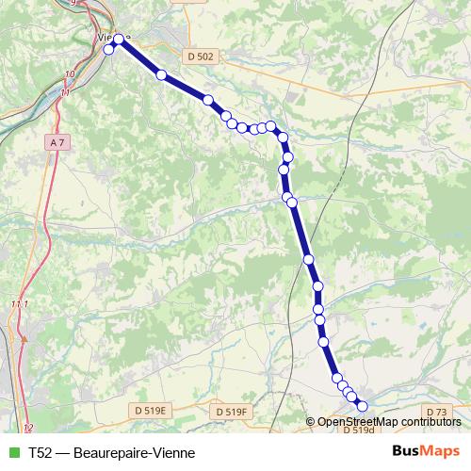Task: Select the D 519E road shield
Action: click(x=150, y=411)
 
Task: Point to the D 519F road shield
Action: click(x=230, y=412)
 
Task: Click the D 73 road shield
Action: click(x=436, y=412)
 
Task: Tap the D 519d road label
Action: click(x=359, y=430)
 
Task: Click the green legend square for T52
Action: click(x=11, y=452)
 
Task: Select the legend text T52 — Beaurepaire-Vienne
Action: click(x=105, y=452)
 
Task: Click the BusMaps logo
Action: click(x=425, y=451)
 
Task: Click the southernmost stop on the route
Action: click(x=362, y=406)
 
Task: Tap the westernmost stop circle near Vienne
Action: click(x=109, y=50)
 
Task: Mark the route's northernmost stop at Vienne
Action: click(x=119, y=39)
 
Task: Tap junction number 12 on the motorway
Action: click(x=27, y=428)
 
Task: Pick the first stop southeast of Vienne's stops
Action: click(x=162, y=74)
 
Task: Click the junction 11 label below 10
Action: click(x=64, y=92)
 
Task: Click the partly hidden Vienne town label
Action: click(x=104, y=38)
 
